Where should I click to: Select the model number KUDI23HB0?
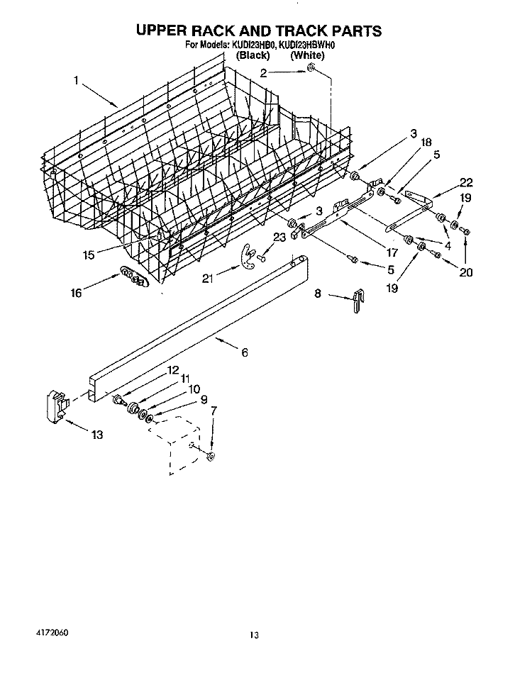[x=253, y=45]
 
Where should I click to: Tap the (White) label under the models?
[x=307, y=55]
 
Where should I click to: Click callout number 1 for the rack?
[x=76, y=80]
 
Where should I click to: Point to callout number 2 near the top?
[x=264, y=72]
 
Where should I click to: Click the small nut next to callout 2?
[x=311, y=69]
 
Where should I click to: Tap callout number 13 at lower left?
[x=97, y=435]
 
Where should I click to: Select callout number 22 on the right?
[x=465, y=181]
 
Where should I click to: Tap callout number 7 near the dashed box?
[x=214, y=410]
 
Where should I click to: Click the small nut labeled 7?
[x=211, y=454]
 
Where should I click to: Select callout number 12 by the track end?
[x=172, y=369]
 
